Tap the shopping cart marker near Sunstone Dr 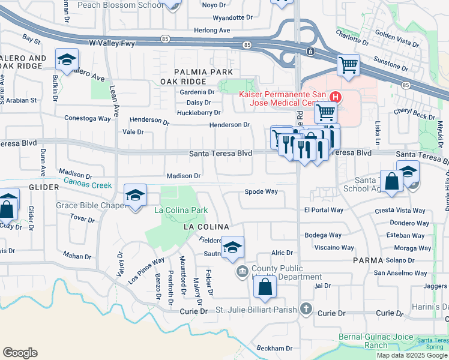pos(348,65)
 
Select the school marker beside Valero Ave pos(67,59)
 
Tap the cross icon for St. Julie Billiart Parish pos(306,309)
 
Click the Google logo pos(20,353)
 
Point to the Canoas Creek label pos(88,185)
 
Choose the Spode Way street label pos(261,192)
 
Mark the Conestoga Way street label pos(88,118)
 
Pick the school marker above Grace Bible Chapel pos(135,195)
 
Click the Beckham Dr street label pos(274,348)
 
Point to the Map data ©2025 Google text pos(412,355)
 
